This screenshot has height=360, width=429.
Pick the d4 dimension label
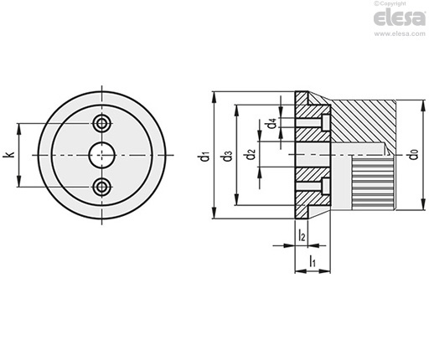[x=272, y=123]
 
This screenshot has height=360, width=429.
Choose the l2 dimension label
[x=302, y=235]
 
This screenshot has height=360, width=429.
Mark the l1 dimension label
[x=313, y=261]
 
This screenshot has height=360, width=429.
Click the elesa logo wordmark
[x=400, y=18]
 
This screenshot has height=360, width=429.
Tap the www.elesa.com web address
[x=400, y=33]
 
